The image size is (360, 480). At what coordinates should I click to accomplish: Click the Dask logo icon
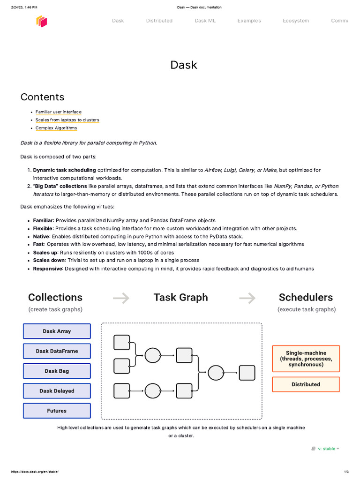pos(42,21)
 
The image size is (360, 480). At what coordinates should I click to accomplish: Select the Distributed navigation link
pos(159,21)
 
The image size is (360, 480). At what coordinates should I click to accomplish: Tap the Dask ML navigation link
pos(205,21)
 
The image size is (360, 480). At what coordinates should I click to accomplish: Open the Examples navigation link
pos(249,21)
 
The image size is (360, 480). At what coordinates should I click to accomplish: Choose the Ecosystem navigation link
pos(296,21)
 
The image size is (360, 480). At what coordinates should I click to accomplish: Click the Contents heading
pos(42,97)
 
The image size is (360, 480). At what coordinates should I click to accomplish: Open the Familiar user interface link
pos(58,112)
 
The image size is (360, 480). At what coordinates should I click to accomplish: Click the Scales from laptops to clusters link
pos(67,120)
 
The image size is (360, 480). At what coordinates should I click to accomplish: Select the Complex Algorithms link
pos(56,128)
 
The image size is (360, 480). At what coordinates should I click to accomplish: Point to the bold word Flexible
pos(43,228)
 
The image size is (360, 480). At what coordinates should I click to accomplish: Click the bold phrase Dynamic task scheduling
pos(64,170)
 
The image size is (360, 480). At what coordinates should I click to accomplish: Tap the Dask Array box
pos(57,331)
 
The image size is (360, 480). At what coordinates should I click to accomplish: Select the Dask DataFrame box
pos(57,351)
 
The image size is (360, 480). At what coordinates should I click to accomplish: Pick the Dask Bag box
pos(57,371)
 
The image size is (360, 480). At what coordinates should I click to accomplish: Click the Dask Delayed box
pos(57,391)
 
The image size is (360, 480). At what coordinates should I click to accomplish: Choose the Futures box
pos(57,411)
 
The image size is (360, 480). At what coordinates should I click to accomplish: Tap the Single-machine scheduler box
pos(306,359)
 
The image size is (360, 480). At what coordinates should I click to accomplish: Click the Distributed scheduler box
pos(306,384)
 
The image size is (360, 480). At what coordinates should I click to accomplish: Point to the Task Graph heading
pos(180,297)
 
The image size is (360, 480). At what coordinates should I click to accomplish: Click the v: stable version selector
pos(326,449)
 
